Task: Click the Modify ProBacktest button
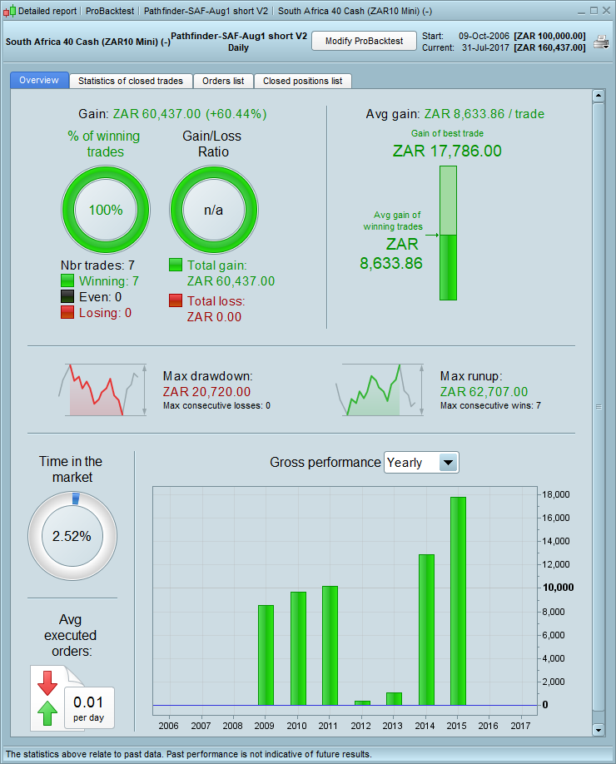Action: [364, 41]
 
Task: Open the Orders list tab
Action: [223, 81]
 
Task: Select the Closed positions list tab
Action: [302, 81]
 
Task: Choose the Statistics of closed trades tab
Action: [131, 81]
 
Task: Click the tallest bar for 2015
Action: [459, 599]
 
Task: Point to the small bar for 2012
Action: [362, 702]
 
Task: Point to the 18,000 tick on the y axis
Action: [554, 494]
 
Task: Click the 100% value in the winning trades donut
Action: [106, 210]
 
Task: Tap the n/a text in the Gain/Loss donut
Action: [214, 210]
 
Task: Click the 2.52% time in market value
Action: [72, 536]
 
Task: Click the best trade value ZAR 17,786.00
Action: [447, 151]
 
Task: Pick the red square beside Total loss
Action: [176, 300]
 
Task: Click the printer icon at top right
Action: [600, 42]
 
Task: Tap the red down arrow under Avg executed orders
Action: [47, 681]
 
